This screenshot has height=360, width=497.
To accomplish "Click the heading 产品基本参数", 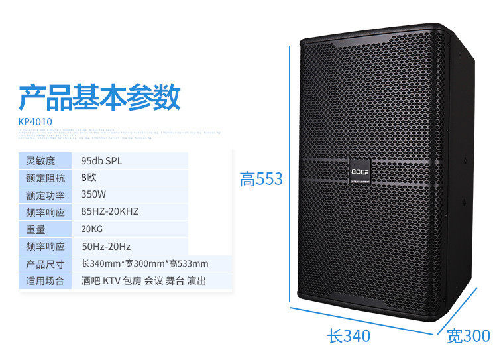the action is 99,97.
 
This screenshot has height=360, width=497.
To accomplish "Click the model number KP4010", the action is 35,121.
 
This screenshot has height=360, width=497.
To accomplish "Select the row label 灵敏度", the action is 39,161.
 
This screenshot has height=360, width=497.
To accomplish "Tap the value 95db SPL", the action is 101,161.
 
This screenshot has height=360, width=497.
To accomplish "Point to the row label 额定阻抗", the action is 44,178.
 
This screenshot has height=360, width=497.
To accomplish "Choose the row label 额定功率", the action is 44,195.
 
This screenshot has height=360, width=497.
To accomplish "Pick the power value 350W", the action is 93,195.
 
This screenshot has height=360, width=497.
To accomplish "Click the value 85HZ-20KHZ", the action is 109,212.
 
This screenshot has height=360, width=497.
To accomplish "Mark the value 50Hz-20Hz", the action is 106,247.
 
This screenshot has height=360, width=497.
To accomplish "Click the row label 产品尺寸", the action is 44,264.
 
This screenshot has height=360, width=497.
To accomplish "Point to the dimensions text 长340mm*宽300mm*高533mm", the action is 144,264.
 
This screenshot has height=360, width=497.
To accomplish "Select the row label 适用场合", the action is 44,281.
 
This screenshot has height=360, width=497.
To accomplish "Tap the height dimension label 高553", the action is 261,179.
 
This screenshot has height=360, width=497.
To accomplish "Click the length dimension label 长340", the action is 349,336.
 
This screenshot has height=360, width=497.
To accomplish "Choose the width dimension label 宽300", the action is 468,336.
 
